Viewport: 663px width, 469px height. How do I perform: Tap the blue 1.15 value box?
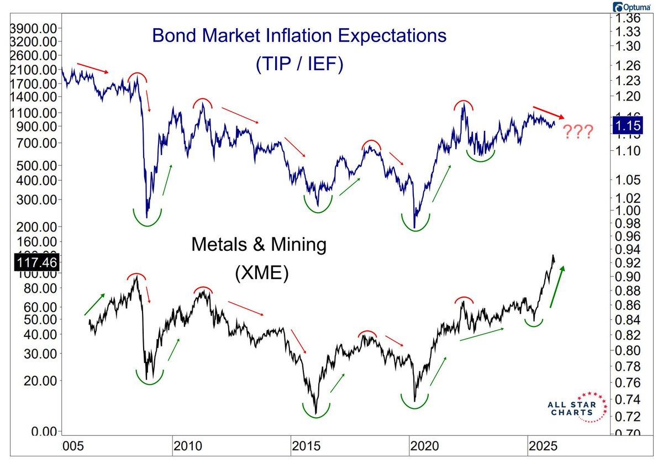[x=627, y=127]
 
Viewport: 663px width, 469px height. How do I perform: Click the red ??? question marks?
[x=578, y=132]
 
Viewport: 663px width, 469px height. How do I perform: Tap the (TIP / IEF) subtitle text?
[x=299, y=65]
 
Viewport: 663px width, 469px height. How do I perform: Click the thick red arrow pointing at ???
[x=548, y=112]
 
